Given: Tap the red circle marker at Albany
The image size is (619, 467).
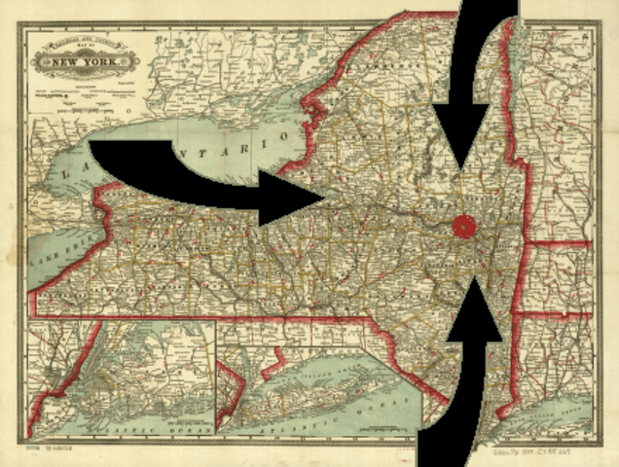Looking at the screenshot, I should click(x=465, y=226).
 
